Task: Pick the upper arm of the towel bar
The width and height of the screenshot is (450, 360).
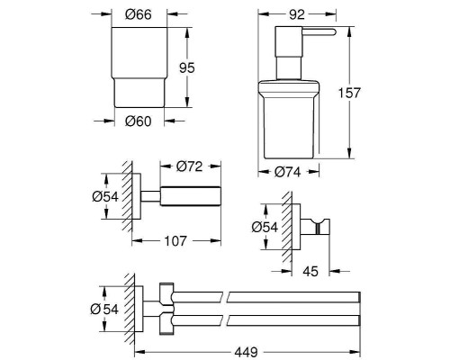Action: point(270,295)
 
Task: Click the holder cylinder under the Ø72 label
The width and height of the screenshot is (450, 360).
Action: point(190,196)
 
